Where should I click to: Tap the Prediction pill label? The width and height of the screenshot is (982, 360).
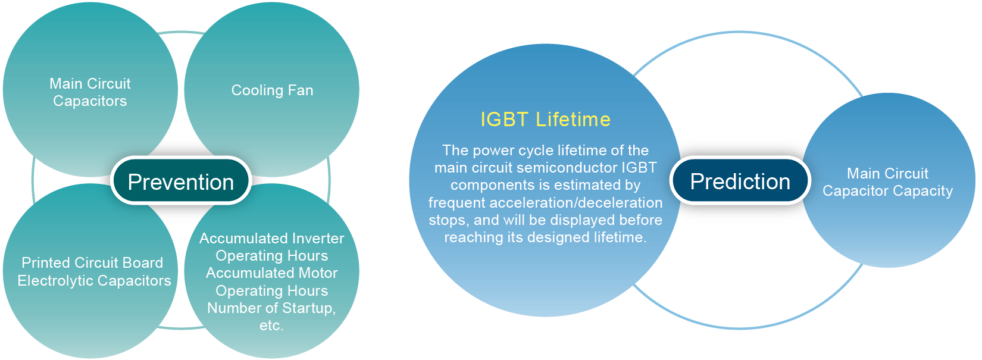tap(740, 181)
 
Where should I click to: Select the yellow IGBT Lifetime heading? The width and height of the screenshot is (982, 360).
tap(545, 120)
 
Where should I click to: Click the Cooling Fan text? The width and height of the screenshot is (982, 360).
tap(272, 90)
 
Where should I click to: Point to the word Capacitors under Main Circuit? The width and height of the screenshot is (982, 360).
tap(90, 101)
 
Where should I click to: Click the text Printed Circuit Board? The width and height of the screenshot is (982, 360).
tap(92, 262)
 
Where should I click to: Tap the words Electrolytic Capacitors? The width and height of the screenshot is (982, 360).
tap(94, 281)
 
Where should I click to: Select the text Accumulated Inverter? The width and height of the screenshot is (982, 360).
tap(272, 239)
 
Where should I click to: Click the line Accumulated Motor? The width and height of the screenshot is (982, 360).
tap(272, 273)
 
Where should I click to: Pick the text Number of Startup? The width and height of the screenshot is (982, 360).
tap(271, 308)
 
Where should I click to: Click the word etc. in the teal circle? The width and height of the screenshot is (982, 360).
tap(271, 325)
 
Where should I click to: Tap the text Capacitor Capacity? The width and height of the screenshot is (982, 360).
tap(888, 191)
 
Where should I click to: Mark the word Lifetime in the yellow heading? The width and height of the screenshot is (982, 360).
tap(573, 120)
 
